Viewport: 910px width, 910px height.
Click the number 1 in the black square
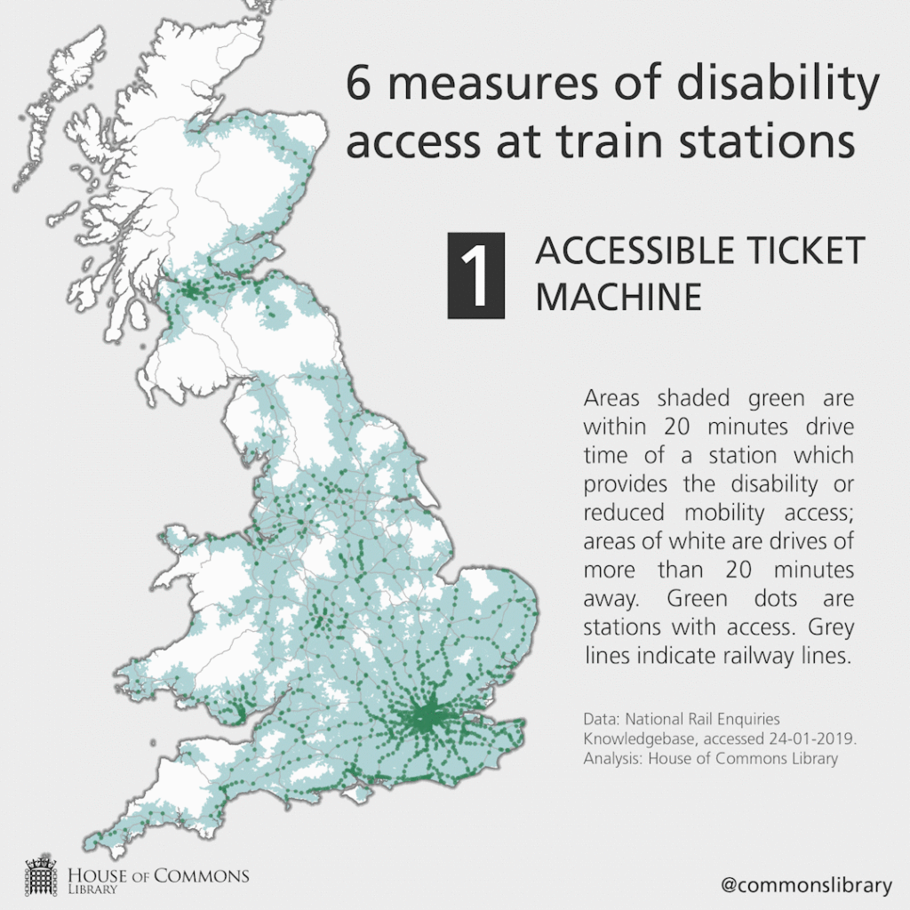[475, 275]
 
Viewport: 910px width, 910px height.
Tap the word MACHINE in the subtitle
[618, 297]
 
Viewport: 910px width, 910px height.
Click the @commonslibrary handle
[805, 884]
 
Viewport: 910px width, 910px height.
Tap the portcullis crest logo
[41, 875]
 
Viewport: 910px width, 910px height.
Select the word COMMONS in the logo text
[202, 875]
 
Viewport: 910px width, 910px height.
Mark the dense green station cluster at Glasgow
[189, 290]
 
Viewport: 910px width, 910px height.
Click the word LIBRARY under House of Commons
[92, 889]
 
